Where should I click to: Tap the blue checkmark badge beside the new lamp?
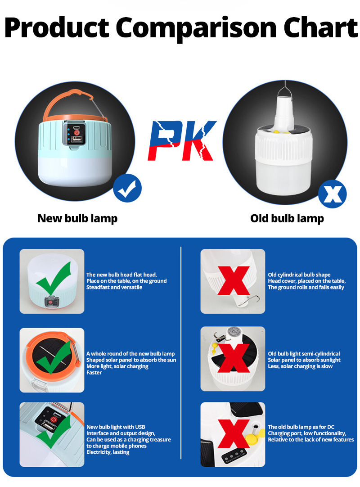(x=127, y=188)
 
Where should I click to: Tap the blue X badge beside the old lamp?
(x=332, y=194)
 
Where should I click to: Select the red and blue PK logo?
(x=182, y=140)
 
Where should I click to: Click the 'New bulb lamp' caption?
(x=77, y=219)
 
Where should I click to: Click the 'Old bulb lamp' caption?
(x=287, y=219)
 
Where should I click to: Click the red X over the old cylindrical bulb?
(x=233, y=280)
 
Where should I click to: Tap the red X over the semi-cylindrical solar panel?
(x=234, y=358)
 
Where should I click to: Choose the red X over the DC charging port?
(x=233, y=433)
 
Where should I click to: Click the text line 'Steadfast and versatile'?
(x=114, y=287)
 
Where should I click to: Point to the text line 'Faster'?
(x=94, y=373)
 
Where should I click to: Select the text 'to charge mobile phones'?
(x=117, y=446)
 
